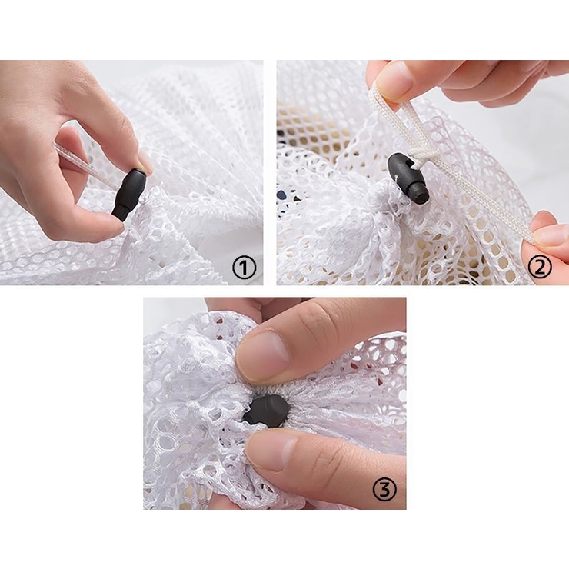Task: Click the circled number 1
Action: (x=244, y=268)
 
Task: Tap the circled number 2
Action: (x=539, y=268)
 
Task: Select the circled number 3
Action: (x=385, y=490)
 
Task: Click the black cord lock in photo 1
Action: (x=130, y=194)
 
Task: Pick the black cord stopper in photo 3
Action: (x=266, y=411)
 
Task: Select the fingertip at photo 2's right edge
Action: (x=548, y=235)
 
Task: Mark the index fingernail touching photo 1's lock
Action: (x=145, y=161)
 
